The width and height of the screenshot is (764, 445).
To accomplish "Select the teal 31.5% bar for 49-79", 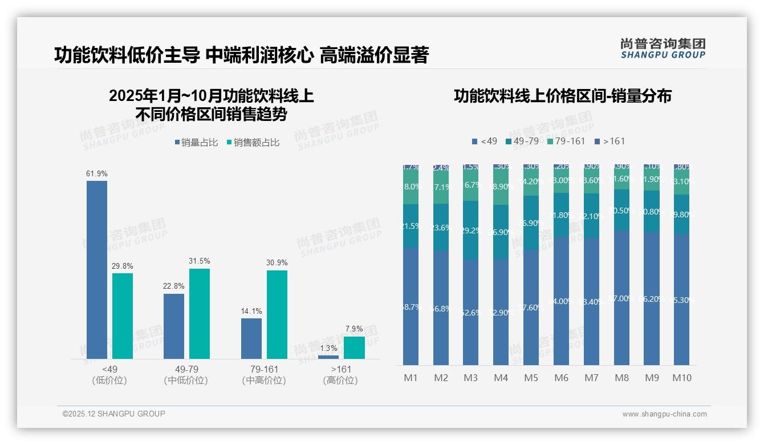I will [x=200, y=313].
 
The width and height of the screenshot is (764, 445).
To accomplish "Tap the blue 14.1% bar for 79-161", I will [x=251, y=338].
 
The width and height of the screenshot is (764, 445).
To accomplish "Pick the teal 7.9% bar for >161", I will [x=354, y=347].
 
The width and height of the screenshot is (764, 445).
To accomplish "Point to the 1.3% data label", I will [x=328, y=348].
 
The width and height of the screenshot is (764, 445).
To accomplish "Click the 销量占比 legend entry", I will [x=196, y=143].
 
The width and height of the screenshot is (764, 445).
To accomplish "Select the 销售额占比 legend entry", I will [x=253, y=143].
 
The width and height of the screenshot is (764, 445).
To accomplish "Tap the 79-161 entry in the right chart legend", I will [x=566, y=141].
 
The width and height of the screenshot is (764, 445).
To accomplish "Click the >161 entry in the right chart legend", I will [x=609, y=141].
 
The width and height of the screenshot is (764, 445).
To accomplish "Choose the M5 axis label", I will [x=531, y=378].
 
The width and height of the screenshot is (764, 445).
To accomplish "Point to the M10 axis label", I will [x=681, y=378].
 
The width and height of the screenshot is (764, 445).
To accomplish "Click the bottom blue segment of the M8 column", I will [x=621, y=298].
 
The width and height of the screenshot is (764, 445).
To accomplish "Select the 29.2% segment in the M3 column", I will [x=470, y=230].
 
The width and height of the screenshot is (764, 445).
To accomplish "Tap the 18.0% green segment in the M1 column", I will [x=411, y=187].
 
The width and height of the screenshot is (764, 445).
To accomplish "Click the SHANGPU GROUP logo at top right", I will [x=663, y=48].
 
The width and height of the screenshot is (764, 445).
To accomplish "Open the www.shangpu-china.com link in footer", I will [x=664, y=414].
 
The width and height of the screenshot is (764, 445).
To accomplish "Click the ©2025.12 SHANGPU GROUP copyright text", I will [x=113, y=414].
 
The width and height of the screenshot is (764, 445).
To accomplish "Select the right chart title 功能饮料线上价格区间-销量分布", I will [x=562, y=96].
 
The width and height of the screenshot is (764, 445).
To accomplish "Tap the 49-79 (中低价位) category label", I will [x=186, y=375].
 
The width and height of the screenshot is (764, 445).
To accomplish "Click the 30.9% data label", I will [x=277, y=263].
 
